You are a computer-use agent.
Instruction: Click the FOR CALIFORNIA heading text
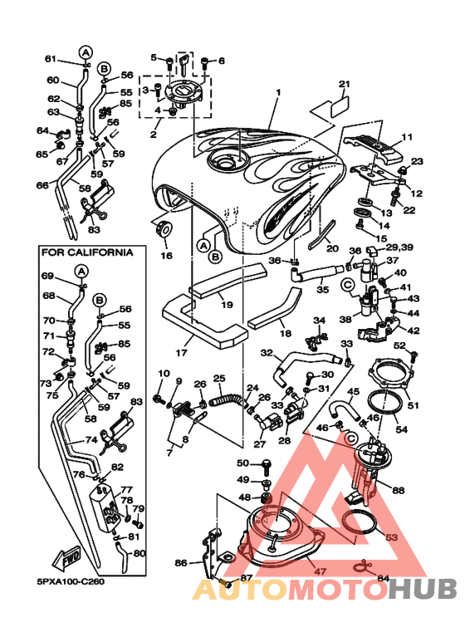coord(87,252)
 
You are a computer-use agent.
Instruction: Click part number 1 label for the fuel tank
coord(278,92)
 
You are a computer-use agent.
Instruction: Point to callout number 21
coord(345,85)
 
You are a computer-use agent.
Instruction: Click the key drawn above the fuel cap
coord(184,64)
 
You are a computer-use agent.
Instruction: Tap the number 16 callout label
coord(167,256)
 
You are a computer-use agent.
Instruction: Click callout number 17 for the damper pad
coord(181,352)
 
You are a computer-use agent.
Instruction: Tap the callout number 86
coord(180,563)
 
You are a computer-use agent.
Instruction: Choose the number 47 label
coord(320,571)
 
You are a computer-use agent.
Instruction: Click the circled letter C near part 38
coord(348,284)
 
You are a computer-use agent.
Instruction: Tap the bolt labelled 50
coord(266,466)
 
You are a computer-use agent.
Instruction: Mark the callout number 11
coord(407,137)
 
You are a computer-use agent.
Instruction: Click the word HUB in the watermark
coord(423,589)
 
